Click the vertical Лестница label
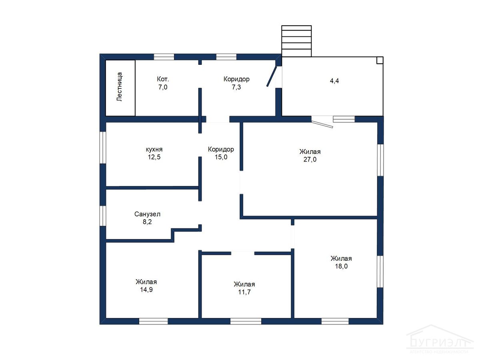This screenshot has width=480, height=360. point(119,86)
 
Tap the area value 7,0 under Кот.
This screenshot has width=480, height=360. point(163,87)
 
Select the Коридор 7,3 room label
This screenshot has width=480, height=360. point(236,83)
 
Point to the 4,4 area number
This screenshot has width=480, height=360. point(334,81)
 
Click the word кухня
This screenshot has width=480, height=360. point(154,150)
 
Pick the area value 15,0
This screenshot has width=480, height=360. point(221,157)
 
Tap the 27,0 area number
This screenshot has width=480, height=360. point(310,160)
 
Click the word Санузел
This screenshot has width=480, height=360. point(147,214)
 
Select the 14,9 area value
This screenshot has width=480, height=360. point(146,290)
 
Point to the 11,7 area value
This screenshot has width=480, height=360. point(244,292)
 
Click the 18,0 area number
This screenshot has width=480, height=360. point(341,266)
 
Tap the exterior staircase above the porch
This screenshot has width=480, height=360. point(296,41)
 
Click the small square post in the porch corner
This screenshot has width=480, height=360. point(380,60)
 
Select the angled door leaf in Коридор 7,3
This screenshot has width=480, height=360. point(272,76)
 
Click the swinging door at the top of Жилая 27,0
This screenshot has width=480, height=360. point(322,124)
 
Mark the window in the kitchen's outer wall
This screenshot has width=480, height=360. point(103,148)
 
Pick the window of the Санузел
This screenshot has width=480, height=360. point(103,216)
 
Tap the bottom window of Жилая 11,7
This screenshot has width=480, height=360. point(246,321)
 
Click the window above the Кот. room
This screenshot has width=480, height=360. point(164,57)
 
